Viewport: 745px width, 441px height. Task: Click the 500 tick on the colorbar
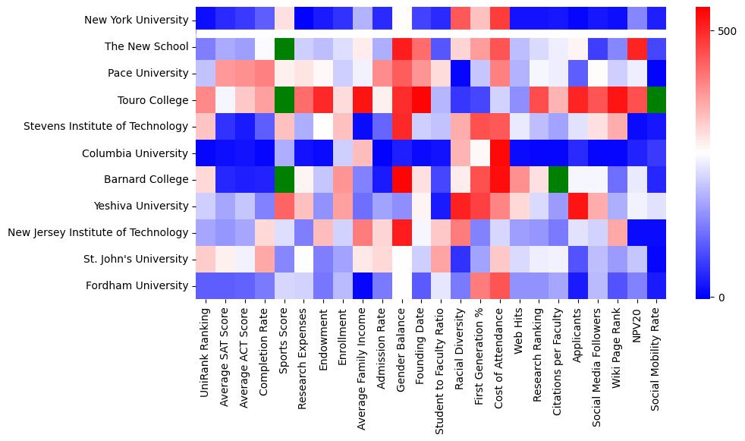pos(726,31)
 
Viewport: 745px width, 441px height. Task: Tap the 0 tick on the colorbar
pos(720,297)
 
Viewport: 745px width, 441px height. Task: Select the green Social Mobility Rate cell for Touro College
pos(657,100)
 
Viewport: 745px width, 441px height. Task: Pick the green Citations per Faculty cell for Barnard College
pos(559,180)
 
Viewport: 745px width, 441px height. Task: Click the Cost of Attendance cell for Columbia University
pos(500,153)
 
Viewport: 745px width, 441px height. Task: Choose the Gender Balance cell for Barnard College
pos(402,180)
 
